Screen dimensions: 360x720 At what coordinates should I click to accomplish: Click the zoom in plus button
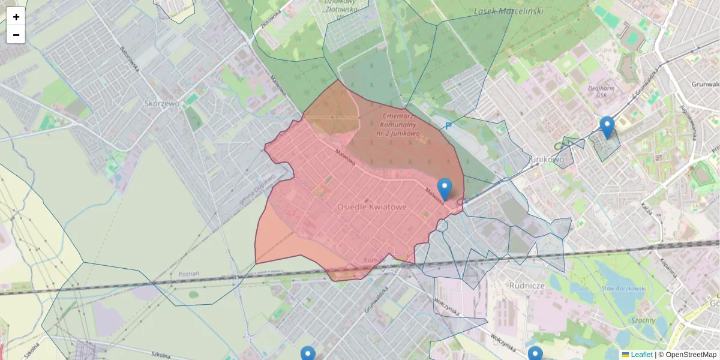click(x=16, y=17)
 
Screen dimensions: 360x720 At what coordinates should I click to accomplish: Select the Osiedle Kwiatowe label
click(x=371, y=206)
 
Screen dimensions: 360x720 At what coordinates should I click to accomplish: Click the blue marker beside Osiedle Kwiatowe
click(x=444, y=188)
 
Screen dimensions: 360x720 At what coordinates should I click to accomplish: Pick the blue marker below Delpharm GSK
click(x=607, y=127)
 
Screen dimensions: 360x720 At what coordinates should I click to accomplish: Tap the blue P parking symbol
click(x=448, y=126)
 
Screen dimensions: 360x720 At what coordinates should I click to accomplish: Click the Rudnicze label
click(x=526, y=286)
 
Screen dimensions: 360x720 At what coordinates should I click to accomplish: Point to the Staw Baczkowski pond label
click(x=624, y=289)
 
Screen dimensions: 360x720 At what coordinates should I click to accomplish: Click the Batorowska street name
click(x=130, y=59)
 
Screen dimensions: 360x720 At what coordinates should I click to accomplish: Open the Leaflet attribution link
click(x=641, y=355)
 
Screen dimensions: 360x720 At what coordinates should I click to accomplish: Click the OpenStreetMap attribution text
click(x=691, y=355)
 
